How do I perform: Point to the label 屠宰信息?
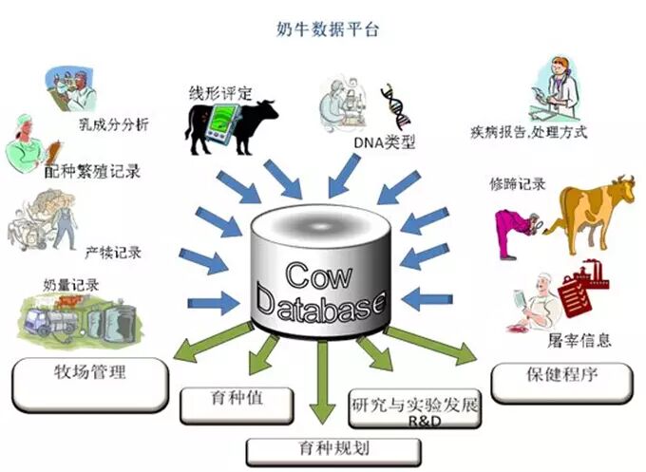point(578,340)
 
